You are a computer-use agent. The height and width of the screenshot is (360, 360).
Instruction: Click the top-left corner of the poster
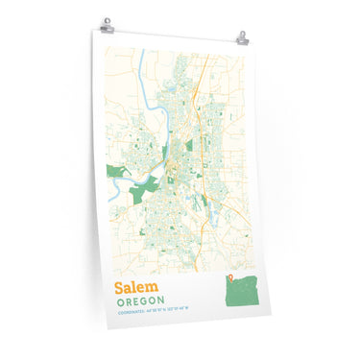(95, 33)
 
